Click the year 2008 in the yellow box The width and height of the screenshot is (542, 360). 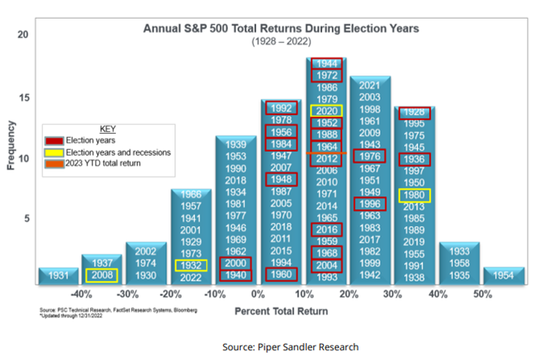102,276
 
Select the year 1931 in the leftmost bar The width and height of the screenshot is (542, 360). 58,276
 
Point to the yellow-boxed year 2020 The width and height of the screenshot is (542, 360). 326,110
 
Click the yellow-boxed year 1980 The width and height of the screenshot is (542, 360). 415,195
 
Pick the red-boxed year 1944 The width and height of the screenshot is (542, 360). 326,63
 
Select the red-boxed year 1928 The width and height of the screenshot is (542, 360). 415,112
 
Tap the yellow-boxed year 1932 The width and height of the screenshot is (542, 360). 191,265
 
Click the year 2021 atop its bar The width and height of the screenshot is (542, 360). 371,85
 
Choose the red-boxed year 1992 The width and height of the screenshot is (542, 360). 281,108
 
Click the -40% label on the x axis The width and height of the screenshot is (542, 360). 80,294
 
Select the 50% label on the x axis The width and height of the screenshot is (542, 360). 482,294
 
